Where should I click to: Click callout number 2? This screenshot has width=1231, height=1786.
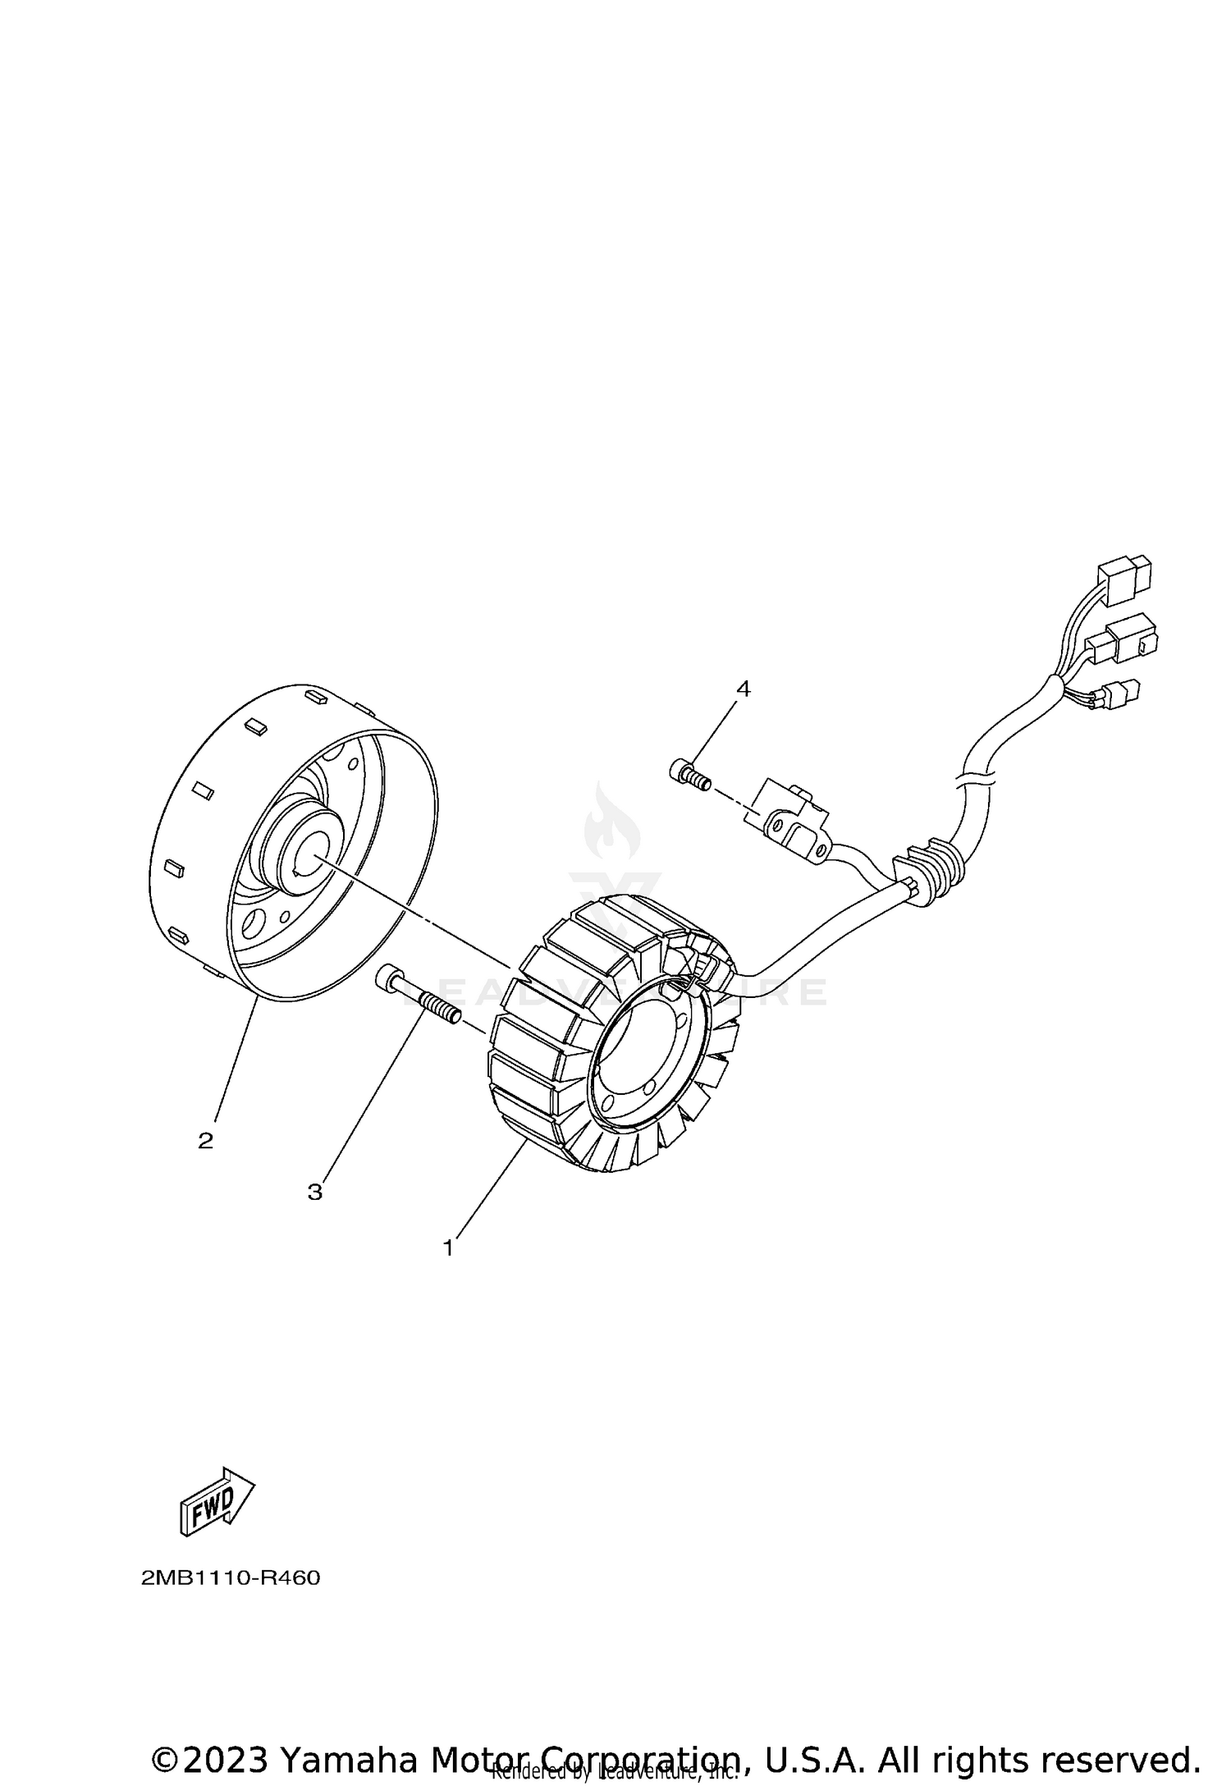[x=205, y=1140]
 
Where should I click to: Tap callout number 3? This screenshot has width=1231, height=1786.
[x=315, y=1193]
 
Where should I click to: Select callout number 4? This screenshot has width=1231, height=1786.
[x=743, y=689]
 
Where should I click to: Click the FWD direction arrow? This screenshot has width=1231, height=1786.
[x=216, y=1501]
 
